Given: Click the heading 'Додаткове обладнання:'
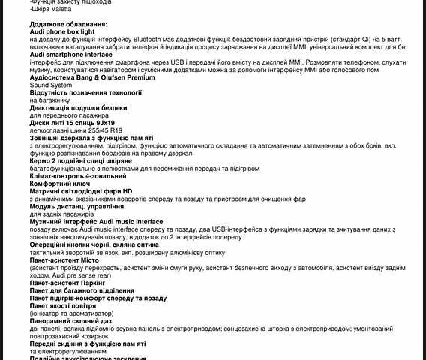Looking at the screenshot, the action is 68,25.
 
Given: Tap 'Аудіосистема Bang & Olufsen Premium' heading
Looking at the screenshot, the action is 86,77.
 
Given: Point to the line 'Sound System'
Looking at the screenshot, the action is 51,85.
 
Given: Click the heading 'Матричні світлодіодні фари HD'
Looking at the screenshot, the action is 81,191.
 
